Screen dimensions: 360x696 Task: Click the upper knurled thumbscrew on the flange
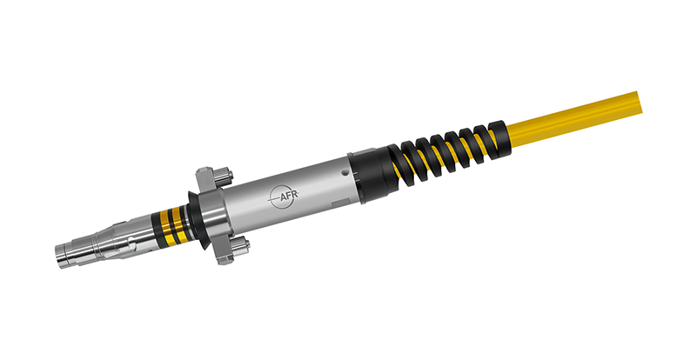219,177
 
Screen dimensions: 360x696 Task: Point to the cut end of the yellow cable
644,95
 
